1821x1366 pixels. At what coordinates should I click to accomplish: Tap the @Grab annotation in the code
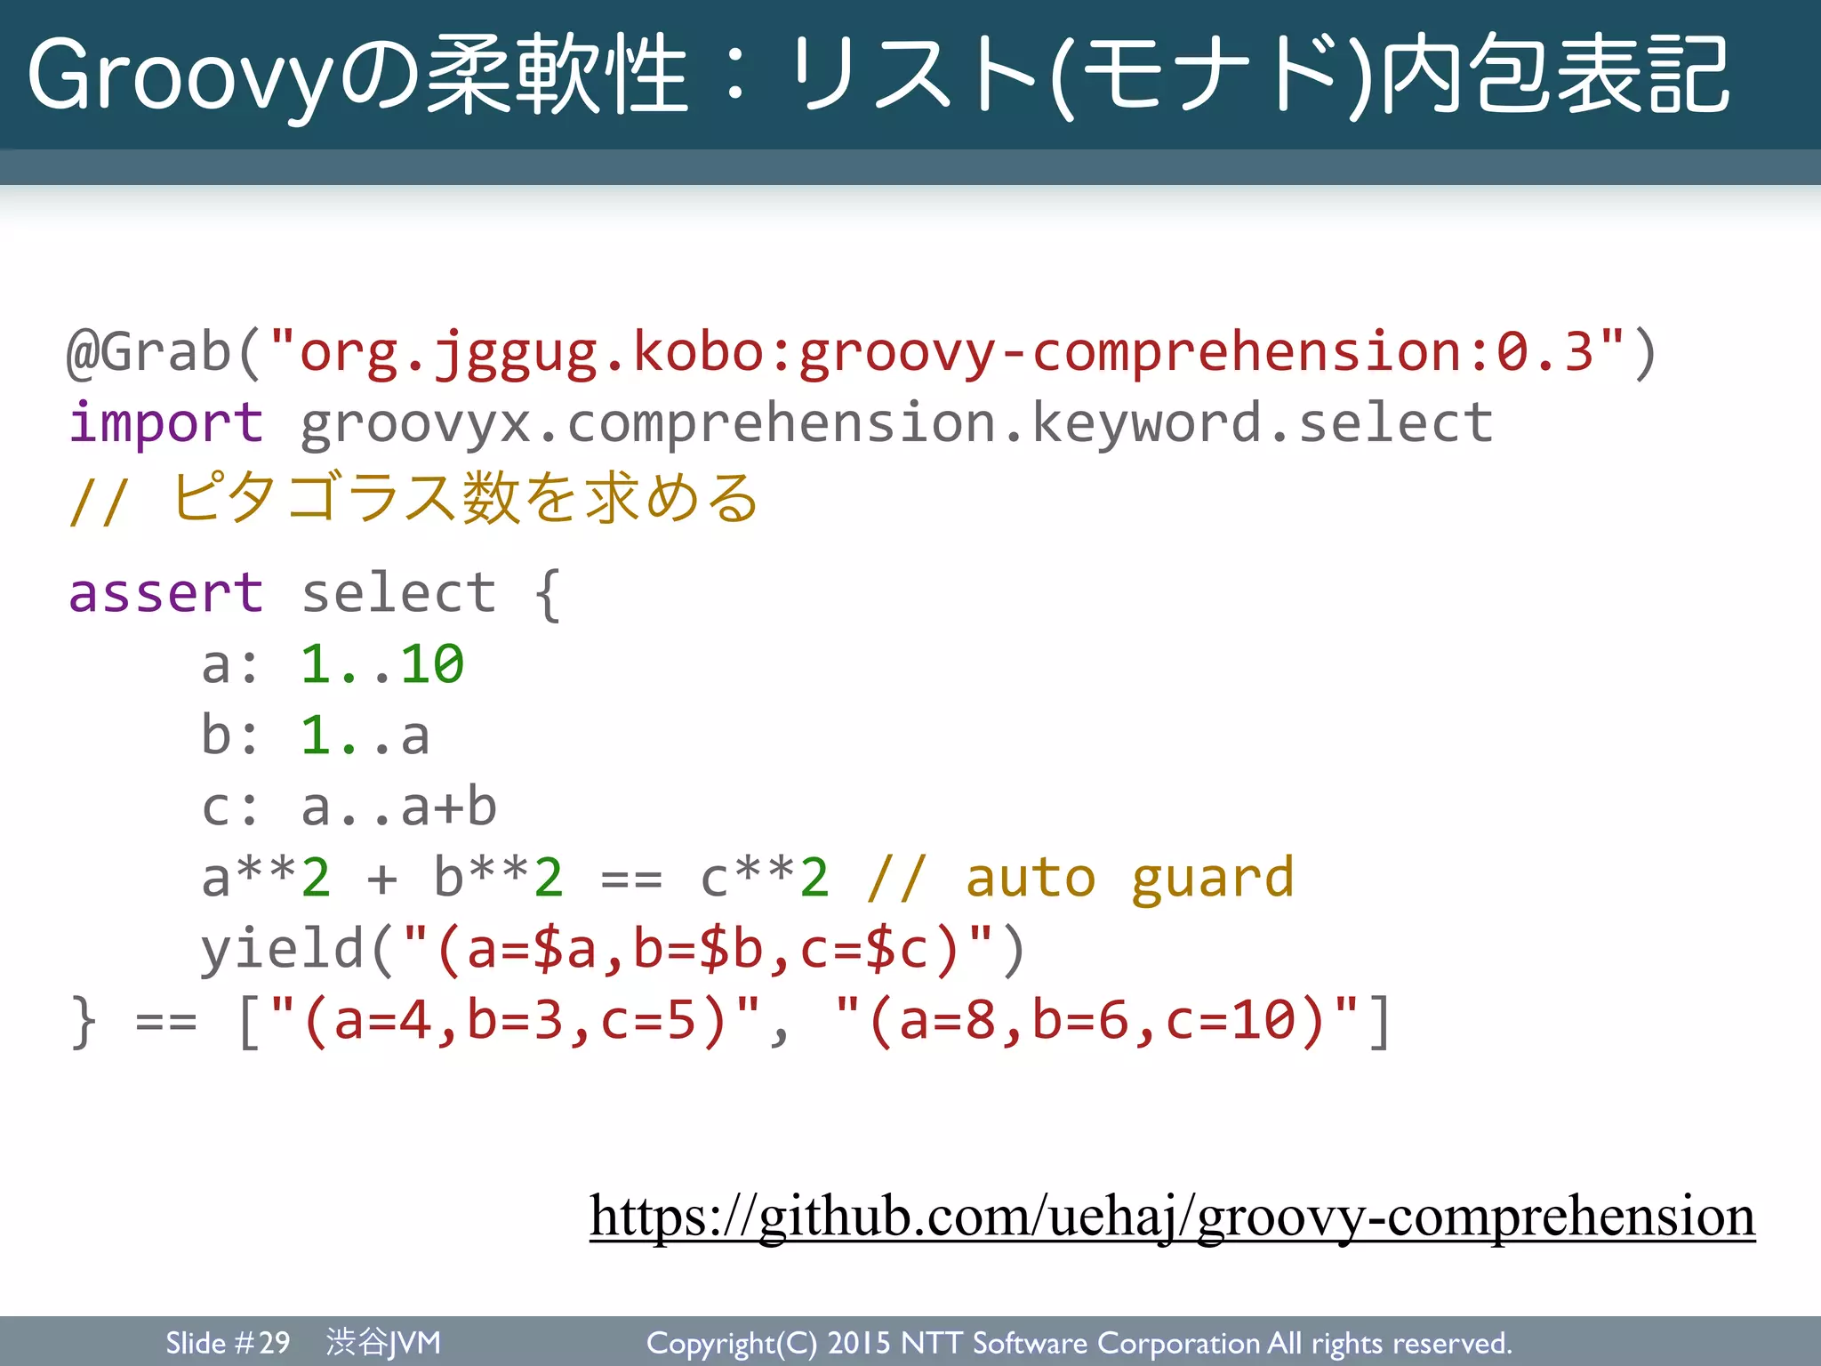[x=148, y=352]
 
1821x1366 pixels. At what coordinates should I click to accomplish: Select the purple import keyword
[x=166, y=422]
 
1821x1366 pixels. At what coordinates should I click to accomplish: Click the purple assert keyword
[x=166, y=593]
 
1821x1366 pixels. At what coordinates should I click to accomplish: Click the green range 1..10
[x=382, y=664]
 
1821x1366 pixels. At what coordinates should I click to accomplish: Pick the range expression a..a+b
[x=398, y=808]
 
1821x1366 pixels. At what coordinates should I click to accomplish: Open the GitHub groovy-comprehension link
[x=1172, y=1217]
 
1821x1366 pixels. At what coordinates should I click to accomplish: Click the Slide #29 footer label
[x=228, y=1342]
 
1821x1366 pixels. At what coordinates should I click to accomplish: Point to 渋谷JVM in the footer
[x=383, y=1342]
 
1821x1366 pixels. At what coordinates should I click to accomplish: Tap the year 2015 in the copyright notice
[x=859, y=1343]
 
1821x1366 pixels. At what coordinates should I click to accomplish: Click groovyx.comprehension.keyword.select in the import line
[x=896, y=422]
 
